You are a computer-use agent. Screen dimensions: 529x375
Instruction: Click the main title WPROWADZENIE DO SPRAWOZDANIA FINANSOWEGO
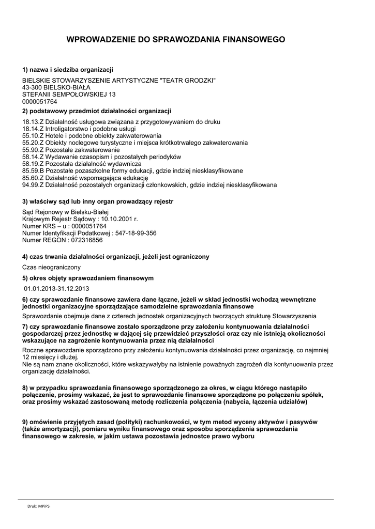point(176,39)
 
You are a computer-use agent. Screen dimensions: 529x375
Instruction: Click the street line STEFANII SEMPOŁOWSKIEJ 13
point(69,95)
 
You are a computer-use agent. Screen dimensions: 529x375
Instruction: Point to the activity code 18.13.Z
point(33,122)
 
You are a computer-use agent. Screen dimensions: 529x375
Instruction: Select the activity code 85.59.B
point(33,170)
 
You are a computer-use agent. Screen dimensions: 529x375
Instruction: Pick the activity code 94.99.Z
point(33,184)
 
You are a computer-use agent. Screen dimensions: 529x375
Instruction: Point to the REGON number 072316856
point(84,240)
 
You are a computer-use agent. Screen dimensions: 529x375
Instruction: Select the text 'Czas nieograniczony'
point(51,268)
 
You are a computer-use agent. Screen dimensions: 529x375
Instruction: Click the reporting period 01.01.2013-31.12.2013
point(57,288)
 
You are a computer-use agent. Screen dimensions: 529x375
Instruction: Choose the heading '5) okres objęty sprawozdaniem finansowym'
point(88,278)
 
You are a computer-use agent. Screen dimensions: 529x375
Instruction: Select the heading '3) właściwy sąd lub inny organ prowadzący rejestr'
point(98,201)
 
